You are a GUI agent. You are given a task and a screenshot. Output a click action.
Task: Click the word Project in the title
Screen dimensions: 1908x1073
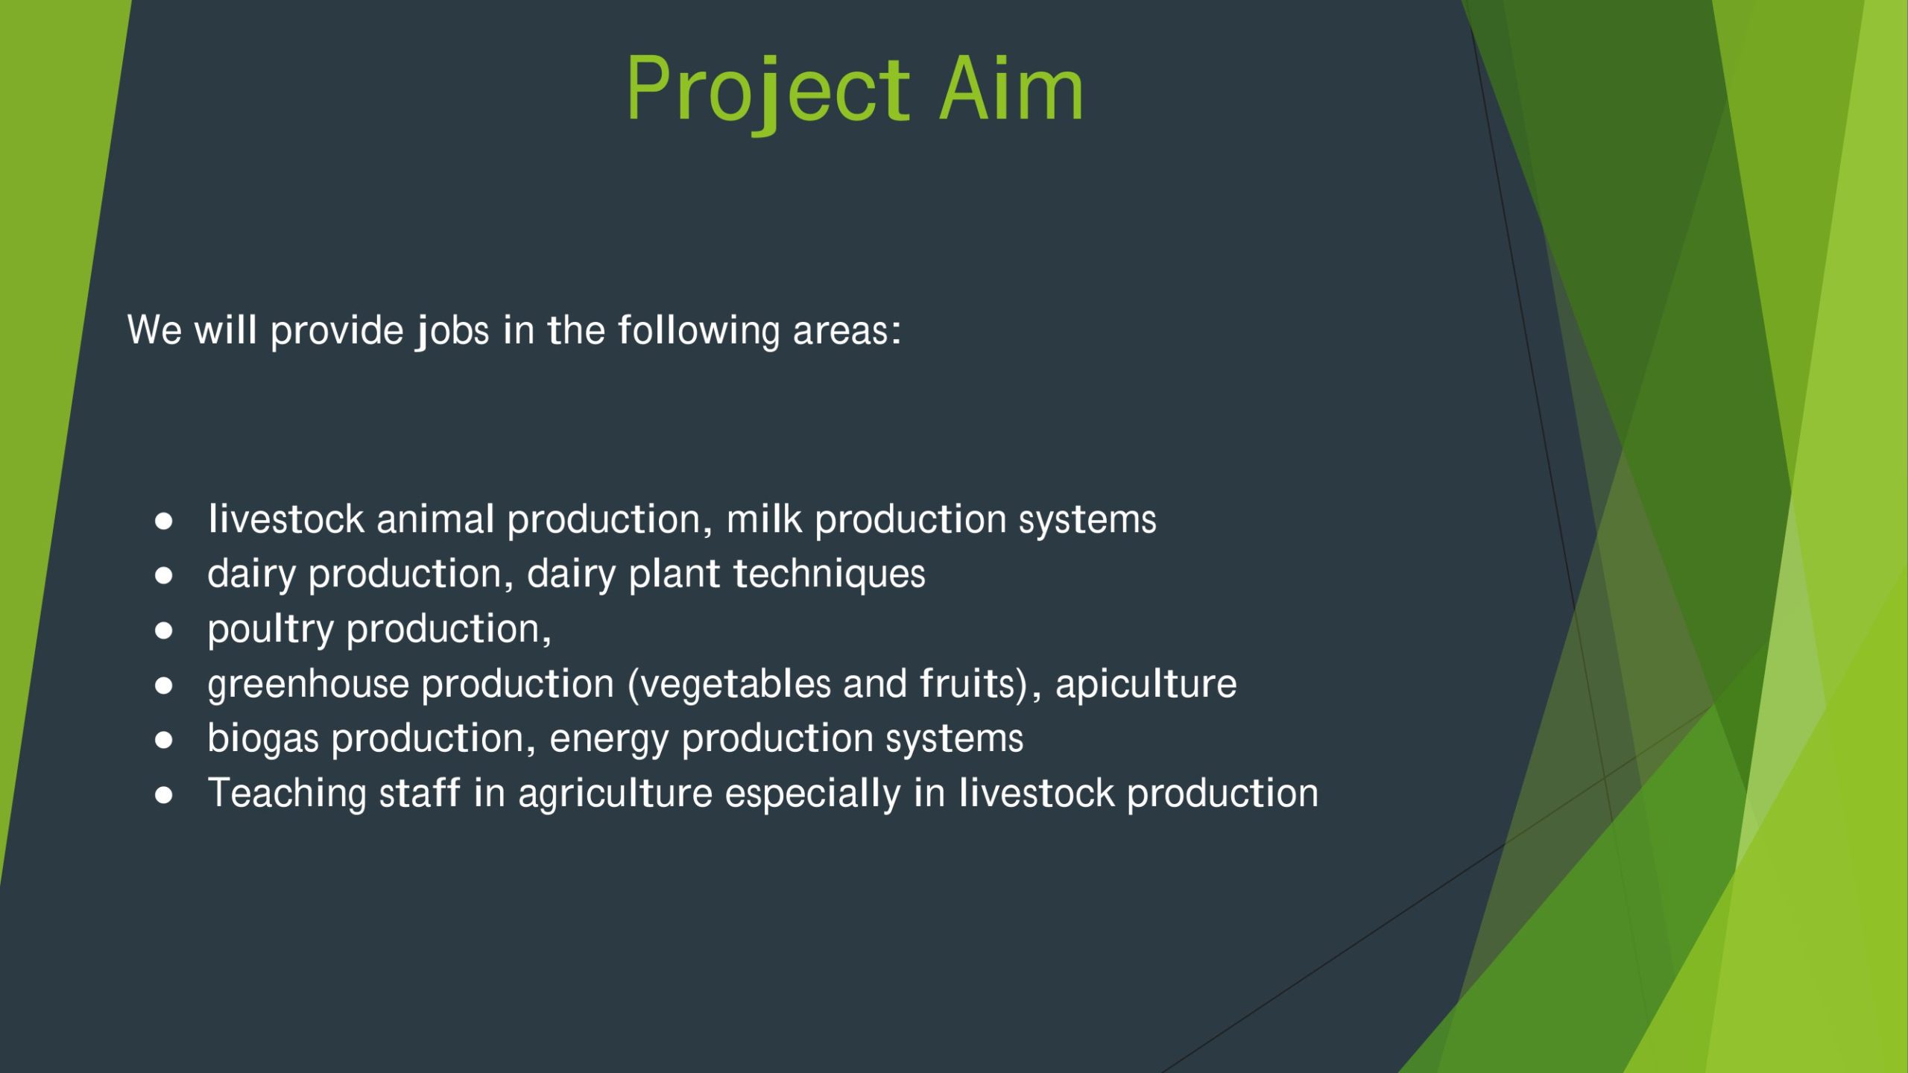pos(768,92)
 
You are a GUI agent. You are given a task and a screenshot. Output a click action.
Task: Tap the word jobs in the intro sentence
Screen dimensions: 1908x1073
pos(452,331)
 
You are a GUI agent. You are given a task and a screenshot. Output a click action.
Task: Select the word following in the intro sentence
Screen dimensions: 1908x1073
pos(698,331)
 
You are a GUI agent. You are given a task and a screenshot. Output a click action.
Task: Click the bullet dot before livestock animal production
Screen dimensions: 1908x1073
pos(164,521)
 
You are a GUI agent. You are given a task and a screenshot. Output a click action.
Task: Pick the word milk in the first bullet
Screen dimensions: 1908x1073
pos(764,519)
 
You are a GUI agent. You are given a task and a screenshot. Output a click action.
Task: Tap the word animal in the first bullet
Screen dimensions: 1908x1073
pos(435,519)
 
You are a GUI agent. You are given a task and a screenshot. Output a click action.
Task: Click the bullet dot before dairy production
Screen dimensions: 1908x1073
pos(164,575)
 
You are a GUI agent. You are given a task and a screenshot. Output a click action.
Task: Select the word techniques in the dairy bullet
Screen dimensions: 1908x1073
pos(830,575)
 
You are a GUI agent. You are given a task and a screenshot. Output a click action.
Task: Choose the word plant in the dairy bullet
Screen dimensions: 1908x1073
pos(675,575)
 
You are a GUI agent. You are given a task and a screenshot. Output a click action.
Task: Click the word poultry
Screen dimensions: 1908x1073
pos(271,630)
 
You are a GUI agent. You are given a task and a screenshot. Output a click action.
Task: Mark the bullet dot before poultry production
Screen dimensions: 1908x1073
pos(164,630)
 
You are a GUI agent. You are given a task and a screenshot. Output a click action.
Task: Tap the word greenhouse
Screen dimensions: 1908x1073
pos(309,685)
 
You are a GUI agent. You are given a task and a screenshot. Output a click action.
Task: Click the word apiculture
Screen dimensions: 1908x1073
pos(1146,685)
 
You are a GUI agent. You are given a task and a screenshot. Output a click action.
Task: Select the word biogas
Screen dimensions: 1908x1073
pos(263,739)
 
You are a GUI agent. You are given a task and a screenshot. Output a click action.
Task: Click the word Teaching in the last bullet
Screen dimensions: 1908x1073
pos(287,794)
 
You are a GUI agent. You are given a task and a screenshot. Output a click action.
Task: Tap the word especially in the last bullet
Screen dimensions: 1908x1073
pos(812,794)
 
